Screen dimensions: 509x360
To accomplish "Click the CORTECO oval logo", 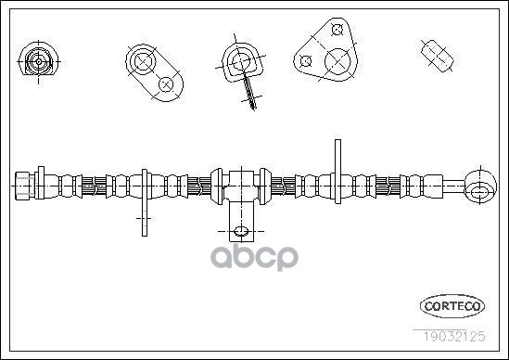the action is pos(452,306).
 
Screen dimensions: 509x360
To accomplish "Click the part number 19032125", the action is pos(453,336).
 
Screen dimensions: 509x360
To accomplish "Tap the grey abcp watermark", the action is pos(254,258).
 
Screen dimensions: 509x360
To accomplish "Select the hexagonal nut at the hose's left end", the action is pos(25,186).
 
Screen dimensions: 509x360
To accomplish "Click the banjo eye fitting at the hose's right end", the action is pos(480,186).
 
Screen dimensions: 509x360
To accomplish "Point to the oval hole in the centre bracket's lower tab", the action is pos(241,231).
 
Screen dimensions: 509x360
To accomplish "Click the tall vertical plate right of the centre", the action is pos(337,172).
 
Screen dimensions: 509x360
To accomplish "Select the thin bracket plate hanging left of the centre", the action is pos(145,202).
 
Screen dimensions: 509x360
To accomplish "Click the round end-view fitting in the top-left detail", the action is pos(39,61).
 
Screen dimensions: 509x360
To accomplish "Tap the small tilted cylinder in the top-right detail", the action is pos(438,56).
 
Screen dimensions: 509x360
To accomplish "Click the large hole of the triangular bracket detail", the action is pos(337,61).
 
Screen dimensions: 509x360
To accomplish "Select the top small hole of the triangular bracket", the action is pos(337,30).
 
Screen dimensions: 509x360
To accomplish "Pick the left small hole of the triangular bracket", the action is pos(306,60).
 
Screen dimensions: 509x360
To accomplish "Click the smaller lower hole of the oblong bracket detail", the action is pos(166,84).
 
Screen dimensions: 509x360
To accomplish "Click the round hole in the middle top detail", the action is pos(241,61).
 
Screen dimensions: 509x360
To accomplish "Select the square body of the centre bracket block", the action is pos(241,186).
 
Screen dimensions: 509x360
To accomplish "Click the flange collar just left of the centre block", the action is pos(217,186).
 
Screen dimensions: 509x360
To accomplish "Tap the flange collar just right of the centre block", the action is pos(265,186).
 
